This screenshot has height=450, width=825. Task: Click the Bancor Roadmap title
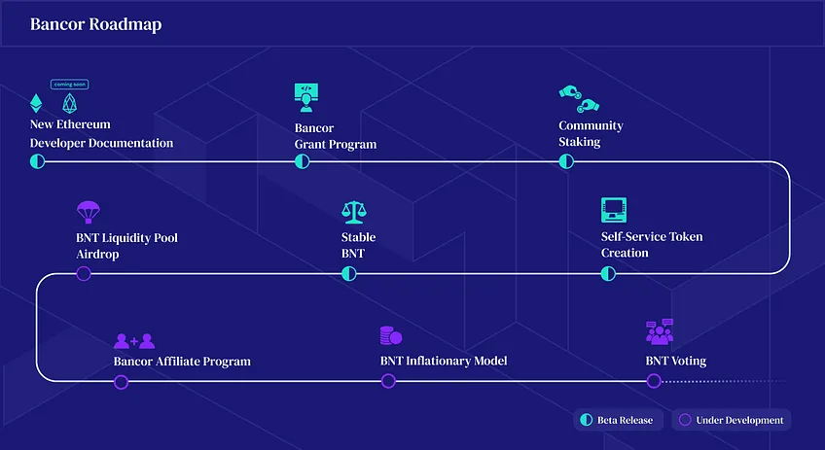(95, 24)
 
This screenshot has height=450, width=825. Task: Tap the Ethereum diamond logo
(36, 103)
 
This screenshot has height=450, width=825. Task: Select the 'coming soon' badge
(69, 85)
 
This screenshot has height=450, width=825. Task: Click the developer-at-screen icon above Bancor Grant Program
(306, 98)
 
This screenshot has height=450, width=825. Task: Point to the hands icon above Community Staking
(579, 99)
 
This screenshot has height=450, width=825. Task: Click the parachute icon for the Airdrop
(88, 212)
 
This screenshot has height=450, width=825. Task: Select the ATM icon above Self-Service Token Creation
(614, 210)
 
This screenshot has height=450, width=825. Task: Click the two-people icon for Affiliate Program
(134, 341)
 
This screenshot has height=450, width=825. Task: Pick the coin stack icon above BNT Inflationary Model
(391, 335)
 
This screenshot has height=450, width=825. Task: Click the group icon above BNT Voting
(660, 331)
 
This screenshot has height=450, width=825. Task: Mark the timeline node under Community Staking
(566, 161)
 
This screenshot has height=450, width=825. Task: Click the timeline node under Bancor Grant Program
(302, 161)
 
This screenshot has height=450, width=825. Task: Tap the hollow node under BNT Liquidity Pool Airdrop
(84, 274)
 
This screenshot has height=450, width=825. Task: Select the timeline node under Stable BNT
(349, 274)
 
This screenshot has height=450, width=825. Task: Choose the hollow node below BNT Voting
(654, 381)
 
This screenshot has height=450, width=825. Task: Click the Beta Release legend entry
(618, 420)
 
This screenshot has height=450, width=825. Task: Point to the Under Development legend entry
(732, 420)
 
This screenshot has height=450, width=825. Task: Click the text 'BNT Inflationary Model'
(444, 361)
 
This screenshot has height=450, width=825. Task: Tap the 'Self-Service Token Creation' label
(652, 245)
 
